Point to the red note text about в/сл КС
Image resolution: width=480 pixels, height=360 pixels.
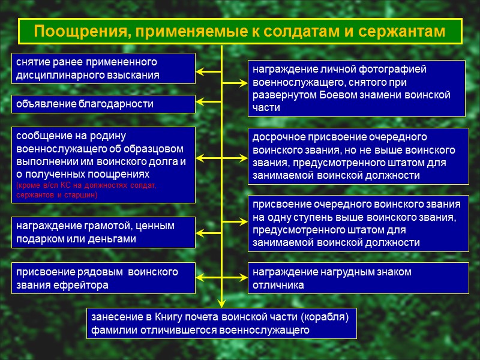[86, 190]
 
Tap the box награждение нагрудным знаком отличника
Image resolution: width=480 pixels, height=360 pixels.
[357, 278]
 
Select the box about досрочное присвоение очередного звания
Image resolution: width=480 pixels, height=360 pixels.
[357, 156]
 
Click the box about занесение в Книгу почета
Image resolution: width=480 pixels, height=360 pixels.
[222, 323]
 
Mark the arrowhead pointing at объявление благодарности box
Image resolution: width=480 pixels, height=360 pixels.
[200, 104]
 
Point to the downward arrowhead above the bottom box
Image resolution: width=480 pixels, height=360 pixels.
[222, 303]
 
